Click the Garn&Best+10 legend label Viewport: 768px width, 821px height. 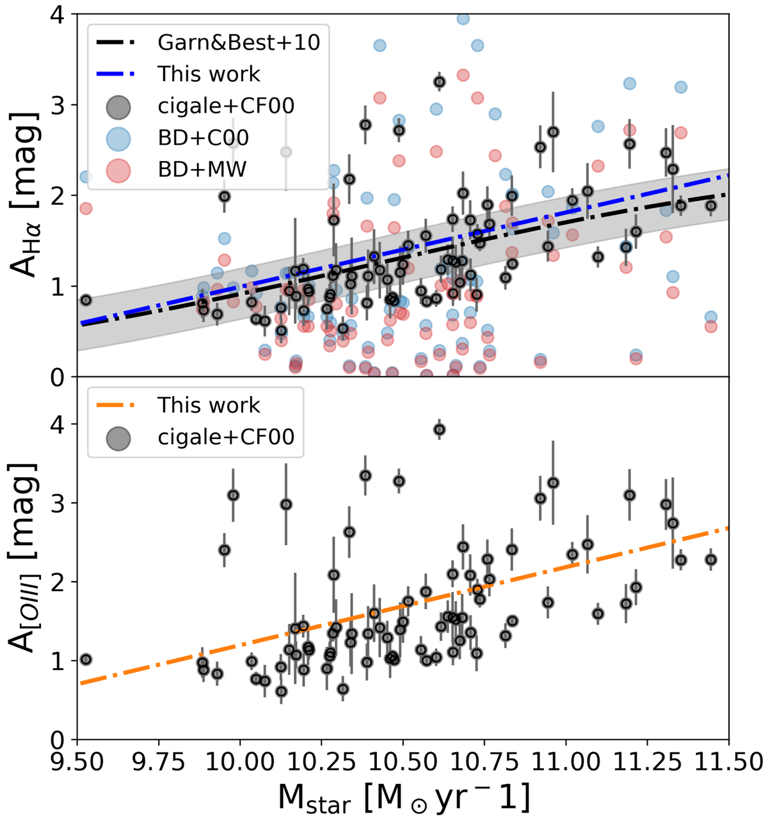point(239,42)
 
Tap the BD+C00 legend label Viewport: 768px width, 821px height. point(204,137)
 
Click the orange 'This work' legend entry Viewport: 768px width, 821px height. point(209,405)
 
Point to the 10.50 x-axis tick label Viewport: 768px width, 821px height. point(403,763)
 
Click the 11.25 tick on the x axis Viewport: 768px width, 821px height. point(647,763)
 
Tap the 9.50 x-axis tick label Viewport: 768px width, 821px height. point(77,763)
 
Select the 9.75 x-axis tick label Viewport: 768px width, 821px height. point(158,763)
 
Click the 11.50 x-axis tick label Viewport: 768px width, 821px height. point(728,763)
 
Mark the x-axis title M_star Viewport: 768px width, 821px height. point(403,799)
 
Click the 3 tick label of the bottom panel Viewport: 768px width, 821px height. point(60,503)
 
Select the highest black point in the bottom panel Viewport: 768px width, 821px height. point(439,429)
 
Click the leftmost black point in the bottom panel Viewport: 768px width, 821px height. point(86,659)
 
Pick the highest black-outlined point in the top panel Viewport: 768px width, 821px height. point(439,82)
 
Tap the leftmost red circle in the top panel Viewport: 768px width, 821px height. point(86,208)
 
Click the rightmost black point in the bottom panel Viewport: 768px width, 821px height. point(710,559)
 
